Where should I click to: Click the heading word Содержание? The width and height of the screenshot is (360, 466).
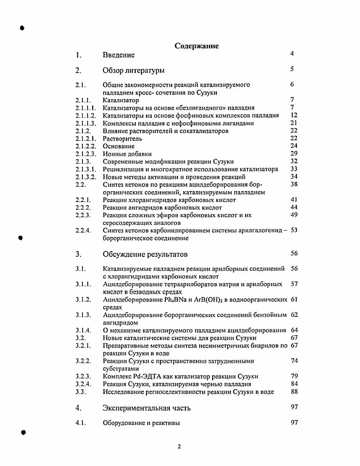[196, 46]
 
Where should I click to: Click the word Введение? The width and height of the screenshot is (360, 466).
[118, 55]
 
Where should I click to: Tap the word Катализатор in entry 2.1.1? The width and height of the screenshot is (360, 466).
[121, 101]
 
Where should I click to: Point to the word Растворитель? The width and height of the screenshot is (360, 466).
[122, 139]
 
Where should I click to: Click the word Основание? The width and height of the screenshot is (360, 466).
[118, 146]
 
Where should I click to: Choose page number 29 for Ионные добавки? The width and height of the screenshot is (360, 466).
[294, 154]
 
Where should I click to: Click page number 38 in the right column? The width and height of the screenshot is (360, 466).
[294, 184]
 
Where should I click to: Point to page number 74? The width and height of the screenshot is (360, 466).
[294, 361]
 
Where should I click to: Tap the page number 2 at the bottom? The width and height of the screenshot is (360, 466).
[179, 447]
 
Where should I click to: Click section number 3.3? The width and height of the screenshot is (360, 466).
[81, 392]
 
